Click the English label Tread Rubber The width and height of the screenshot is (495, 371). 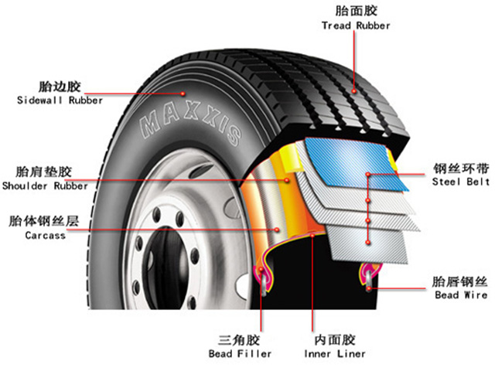(x=356, y=26)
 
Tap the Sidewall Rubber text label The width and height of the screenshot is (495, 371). (x=60, y=100)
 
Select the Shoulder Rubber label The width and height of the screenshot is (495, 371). (x=45, y=185)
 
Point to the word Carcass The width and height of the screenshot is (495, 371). (x=46, y=235)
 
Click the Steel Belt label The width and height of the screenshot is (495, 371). (x=461, y=182)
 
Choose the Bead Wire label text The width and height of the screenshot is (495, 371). (x=461, y=295)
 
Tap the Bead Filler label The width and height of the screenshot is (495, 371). (x=240, y=354)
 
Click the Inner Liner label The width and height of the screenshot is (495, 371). (x=335, y=354)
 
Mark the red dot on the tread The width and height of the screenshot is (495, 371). (x=354, y=91)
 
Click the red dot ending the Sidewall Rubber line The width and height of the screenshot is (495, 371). (x=183, y=94)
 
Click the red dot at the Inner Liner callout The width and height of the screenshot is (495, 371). (x=312, y=235)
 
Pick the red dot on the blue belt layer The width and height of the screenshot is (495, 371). (x=368, y=175)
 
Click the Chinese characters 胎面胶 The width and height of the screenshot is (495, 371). (x=356, y=11)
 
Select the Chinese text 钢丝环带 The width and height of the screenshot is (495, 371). (x=461, y=168)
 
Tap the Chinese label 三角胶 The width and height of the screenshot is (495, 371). (x=239, y=340)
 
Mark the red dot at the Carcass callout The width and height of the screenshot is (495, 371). (x=277, y=230)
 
